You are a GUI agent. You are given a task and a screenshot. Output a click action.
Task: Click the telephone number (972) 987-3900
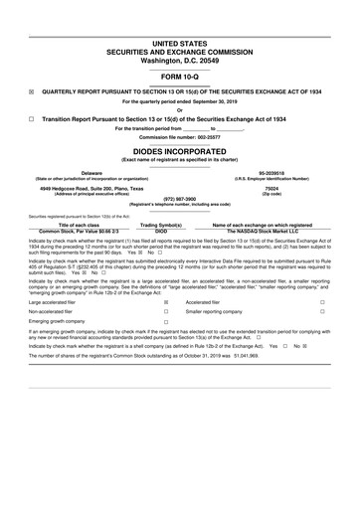tap(179, 198)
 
